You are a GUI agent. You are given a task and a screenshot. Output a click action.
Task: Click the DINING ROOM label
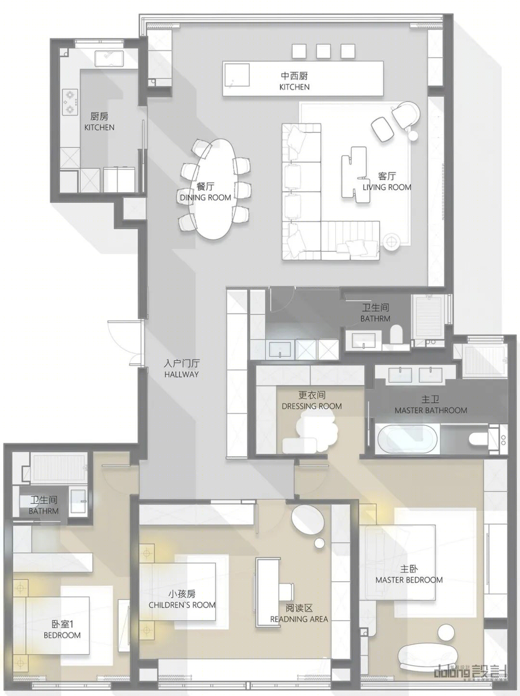click(x=205, y=197)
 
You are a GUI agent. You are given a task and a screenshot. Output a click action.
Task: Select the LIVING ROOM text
click(x=387, y=187)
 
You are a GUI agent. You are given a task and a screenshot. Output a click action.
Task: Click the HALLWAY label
click(x=181, y=374)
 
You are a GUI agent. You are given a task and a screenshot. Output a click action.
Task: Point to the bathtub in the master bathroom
click(x=407, y=440)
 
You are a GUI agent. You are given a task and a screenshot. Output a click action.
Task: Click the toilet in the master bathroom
click(x=478, y=439)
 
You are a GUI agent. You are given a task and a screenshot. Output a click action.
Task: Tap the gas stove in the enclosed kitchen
click(x=70, y=102)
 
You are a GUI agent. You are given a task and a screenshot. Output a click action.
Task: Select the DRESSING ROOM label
click(x=312, y=406)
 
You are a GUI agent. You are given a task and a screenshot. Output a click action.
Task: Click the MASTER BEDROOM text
click(x=409, y=580)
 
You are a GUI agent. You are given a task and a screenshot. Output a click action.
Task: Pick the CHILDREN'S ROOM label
click(x=182, y=605)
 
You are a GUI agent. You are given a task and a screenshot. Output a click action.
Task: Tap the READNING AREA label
click(x=299, y=619)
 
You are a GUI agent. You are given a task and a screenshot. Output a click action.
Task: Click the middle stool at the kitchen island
click(x=323, y=51)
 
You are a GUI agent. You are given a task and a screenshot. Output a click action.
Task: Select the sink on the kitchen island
click(x=237, y=75)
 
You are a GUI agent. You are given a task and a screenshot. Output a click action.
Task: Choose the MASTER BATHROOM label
click(x=430, y=410)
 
